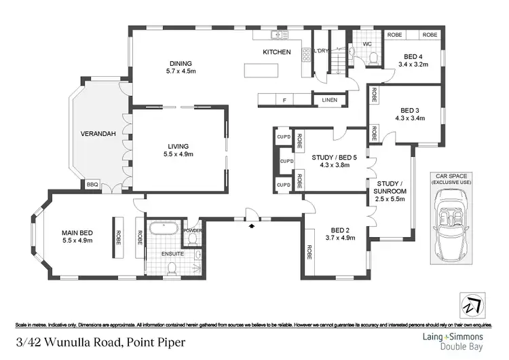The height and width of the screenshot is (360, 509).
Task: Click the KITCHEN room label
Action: pos(277,52)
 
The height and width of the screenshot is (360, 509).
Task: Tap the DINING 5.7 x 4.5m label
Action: pos(181,68)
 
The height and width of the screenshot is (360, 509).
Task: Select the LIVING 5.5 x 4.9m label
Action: pos(178,150)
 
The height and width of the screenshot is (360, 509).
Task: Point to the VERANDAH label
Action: pos(96,133)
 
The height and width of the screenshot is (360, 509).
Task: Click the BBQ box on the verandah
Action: pos(92,184)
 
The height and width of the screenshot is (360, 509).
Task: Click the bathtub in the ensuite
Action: pos(164,229)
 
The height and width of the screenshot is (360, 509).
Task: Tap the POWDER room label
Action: pos(191,229)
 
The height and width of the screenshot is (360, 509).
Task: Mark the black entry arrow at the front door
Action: pos(252,225)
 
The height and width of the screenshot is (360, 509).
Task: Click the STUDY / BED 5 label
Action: pos(334,162)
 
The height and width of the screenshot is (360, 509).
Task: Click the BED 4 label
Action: pos(411,61)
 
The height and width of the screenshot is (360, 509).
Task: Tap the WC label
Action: pos(367,44)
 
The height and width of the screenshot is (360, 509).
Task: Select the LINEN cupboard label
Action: pos(330,101)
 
